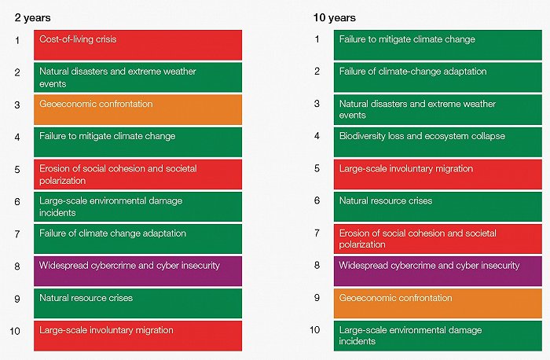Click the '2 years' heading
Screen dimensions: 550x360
click(x=33, y=18)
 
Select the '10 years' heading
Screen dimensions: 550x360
click(x=334, y=18)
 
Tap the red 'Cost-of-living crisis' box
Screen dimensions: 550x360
click(x=137, y=45)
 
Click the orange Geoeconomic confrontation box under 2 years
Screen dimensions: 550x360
click(x=137, y=109)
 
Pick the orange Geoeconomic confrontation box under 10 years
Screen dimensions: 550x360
click(x=438, y=303)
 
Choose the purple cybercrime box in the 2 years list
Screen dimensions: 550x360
click(x=137, y=271)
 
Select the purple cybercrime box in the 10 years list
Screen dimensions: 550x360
click(x=438, y=271)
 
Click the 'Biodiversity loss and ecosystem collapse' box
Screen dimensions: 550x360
click(x=438, y=141)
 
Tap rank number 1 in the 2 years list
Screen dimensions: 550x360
click(x=17, y=40)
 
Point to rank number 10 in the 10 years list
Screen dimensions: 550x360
click(x=314, y=330)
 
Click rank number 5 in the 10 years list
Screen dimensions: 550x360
click(x=317, y=168)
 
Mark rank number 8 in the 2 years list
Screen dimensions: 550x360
click(x=17, y=266)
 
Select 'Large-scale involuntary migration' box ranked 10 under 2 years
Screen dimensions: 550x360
click(x=137, y=336)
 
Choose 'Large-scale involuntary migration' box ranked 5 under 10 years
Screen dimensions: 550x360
click(x=438, y=174)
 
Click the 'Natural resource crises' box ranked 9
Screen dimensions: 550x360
click(x=137, y=303)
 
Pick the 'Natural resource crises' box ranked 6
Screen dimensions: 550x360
click(x=438, y=206)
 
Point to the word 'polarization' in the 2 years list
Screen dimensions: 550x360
click(x=62, y=181)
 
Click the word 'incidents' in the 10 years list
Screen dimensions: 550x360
click(x=357, y=341)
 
